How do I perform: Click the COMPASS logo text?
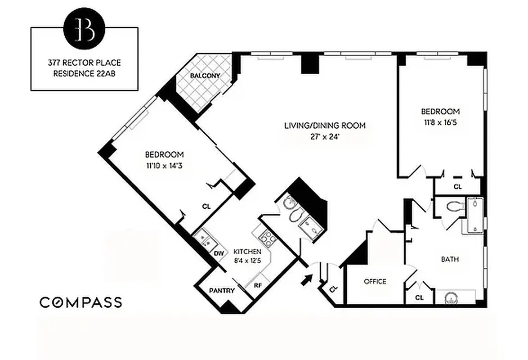[81, 302]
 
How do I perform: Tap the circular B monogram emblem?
[84, 28]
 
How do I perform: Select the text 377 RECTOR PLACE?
[84, 63]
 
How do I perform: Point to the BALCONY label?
[205, 76]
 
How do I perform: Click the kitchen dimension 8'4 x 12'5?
[247, 260]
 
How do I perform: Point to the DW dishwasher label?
[219, 254]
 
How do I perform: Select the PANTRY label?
[222, 291]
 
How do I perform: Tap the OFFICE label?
[375, 282]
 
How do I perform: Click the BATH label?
[449, 259]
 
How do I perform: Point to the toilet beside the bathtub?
[455, 206]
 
